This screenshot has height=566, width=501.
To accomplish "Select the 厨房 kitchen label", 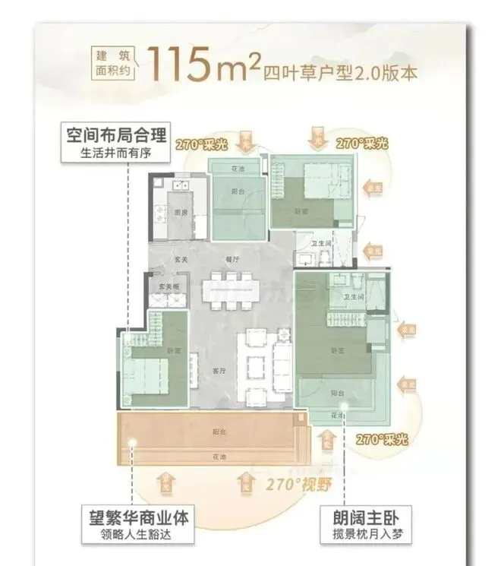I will [181, 213].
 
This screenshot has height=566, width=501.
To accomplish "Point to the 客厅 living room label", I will [220, 371].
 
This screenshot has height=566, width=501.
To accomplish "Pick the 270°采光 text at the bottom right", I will [382, 440].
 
